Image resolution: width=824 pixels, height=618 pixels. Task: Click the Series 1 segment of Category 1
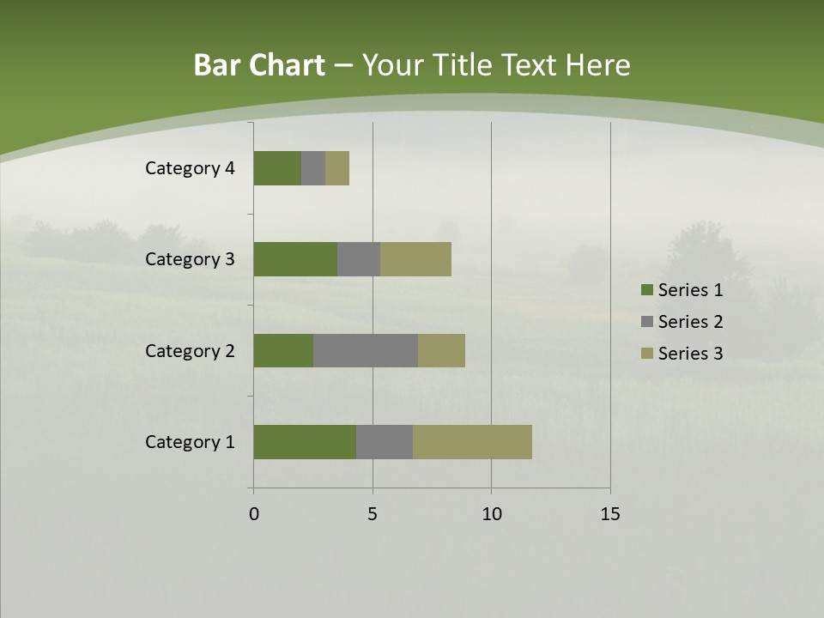[x=305, y=442]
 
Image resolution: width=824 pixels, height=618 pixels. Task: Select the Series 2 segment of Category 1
[x=385, y=442]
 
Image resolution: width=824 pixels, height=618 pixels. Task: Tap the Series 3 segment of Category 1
[x=472, y=442]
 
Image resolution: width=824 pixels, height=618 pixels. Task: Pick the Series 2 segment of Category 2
[x=366, y=350]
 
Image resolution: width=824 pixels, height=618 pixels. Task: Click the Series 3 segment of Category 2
[x=441, y=350]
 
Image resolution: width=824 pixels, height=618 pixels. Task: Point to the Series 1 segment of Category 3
[x=295, y=259]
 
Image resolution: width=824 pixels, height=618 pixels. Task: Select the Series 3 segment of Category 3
[x=415, y=259]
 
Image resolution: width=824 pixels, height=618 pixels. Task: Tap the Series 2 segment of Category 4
[x=313, y=168]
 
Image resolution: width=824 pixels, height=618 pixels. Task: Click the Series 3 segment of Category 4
[x=337, y=168]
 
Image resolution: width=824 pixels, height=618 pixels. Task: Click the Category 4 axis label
[x=190, y=168]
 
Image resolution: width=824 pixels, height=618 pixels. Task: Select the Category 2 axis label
[x=190, y=350]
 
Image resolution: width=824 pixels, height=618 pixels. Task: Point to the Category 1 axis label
[x=190, y=442]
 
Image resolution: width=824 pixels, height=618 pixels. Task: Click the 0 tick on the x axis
[x=254, y=514]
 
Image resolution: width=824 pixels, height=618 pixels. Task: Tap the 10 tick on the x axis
[x=491, y=514]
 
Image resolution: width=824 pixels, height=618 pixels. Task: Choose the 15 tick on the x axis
[x=609, y=514]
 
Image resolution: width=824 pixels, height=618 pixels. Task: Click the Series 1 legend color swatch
[x=646, y=290]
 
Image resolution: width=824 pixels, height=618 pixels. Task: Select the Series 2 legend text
[x=690, y=322]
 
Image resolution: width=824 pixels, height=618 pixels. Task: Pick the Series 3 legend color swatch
[x=646, y=354]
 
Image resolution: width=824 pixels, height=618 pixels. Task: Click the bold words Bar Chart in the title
[x=259, y=65]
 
